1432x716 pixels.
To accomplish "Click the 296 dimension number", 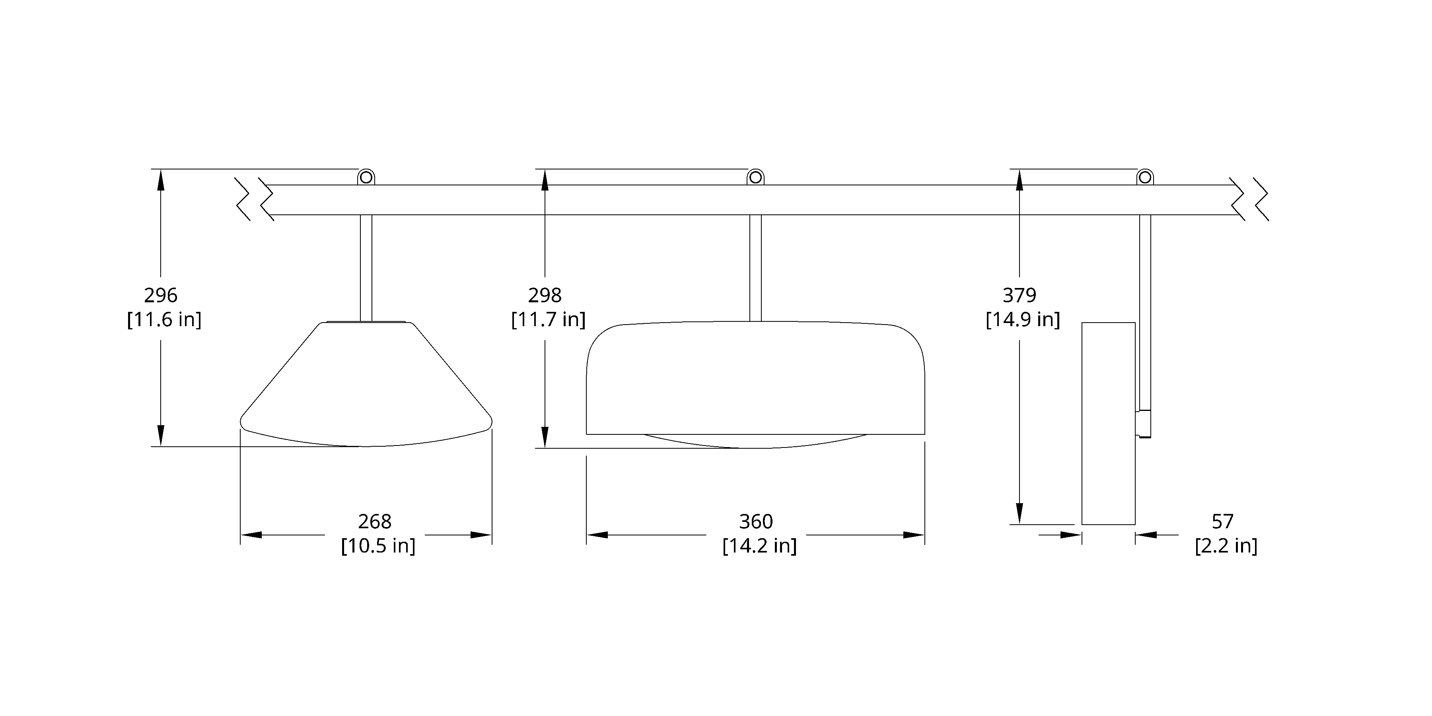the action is pyautogui.click(x=161, y=295).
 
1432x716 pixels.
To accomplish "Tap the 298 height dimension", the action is pyautogui.click(x=545, y=295).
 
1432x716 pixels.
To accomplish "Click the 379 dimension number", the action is pyautogui.click(x=1020, y=295).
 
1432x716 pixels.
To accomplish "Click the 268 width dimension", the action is pyautogui.click(x=375, y=521).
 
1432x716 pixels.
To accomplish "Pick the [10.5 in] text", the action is pyautogui.click(x=378, y=546).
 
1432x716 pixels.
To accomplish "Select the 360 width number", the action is pyautogui.click(x=756, y=521).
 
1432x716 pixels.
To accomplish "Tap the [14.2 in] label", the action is pyautogui.click(x=759, y=546).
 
